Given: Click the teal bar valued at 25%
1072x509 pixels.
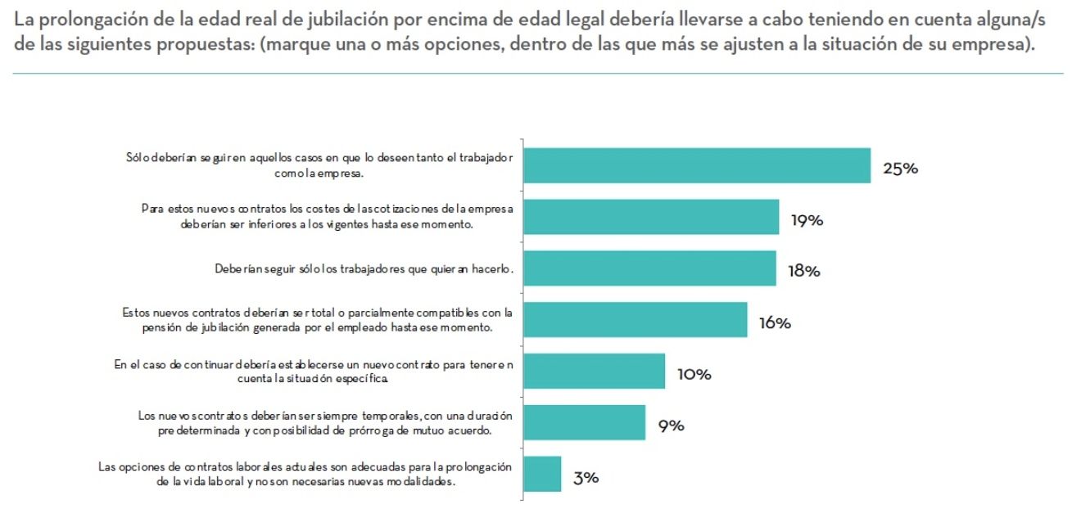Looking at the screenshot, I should [x=696, y=165].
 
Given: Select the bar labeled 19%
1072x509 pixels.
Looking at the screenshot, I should [x=651, y=217].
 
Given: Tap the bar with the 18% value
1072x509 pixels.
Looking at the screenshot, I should [x=649, y=268].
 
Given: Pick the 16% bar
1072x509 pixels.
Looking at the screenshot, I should [x=635, y=320].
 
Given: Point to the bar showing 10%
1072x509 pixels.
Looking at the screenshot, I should [x=594, y=372].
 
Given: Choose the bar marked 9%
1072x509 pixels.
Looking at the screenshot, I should [x=584, y=423].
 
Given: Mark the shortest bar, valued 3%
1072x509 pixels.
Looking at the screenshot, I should [x=542, y=475].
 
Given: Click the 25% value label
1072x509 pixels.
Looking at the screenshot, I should [x=900, y=169].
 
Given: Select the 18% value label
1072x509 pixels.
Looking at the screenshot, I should [x=803, y=273].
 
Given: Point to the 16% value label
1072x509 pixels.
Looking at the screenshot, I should [x=774, y=324].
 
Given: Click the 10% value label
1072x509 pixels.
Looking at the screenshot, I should [x=694, y=376].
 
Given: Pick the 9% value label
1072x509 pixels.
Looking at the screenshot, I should [x=671, y=427].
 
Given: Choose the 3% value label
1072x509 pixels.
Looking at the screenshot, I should [x=586, y=479].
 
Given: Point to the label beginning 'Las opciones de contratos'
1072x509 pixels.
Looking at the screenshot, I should [x=305, y=475].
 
